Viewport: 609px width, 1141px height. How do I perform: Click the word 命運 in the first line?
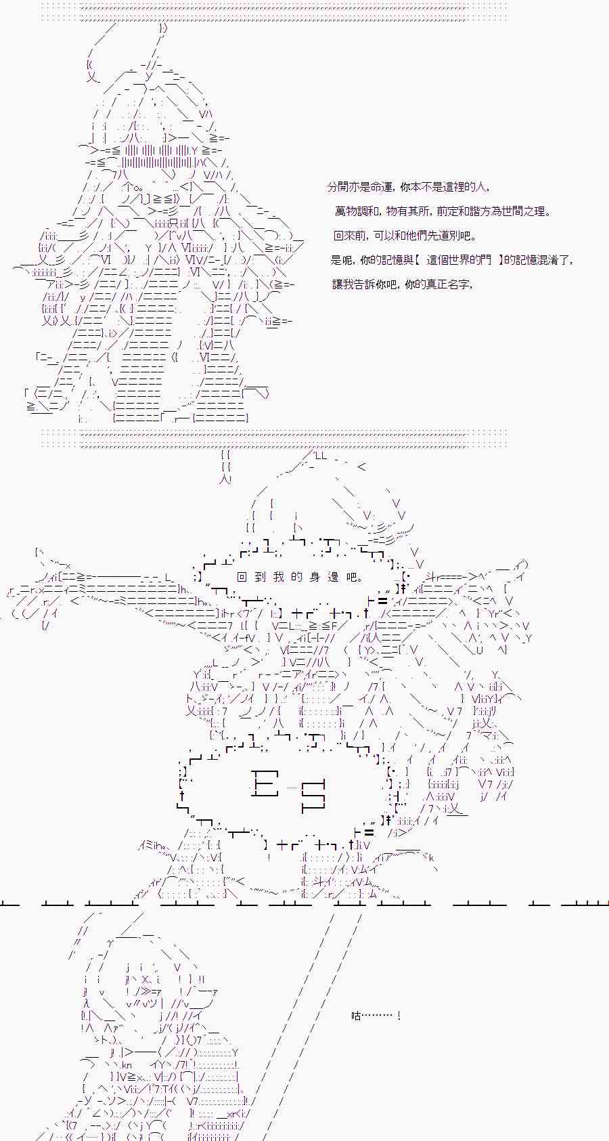380,187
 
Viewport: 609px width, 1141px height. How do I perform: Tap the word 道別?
447,236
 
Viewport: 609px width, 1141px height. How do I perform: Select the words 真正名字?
448,284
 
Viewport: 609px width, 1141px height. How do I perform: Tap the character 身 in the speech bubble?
315,577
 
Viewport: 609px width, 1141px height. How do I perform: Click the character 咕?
356,1016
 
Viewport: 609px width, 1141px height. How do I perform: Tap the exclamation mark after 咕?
398,1016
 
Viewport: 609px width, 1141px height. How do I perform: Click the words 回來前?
351,236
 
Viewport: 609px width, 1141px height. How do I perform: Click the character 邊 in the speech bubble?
333,577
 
